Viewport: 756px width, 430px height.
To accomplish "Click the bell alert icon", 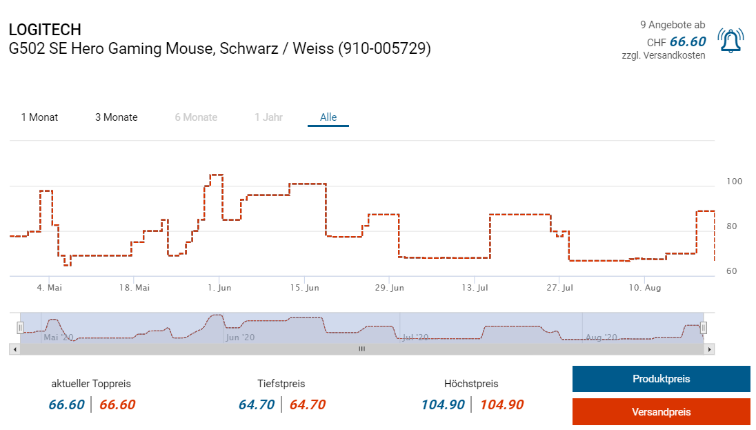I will [730, 41].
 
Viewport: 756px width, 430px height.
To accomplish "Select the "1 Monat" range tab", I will [39, 117].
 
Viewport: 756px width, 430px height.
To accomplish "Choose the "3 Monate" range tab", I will [117, 117].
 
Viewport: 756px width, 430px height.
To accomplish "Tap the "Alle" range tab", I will [328, 117].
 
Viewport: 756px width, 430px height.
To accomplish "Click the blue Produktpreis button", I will [661, 379].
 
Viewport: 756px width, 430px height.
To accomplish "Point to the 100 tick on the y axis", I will [734, 182].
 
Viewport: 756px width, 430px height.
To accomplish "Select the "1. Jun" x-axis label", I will [219, 287].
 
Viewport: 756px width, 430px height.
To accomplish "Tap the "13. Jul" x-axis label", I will [475, 287].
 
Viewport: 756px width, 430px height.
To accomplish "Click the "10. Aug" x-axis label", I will [645, 287].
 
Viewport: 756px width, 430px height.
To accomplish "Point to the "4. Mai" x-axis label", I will [49, 287].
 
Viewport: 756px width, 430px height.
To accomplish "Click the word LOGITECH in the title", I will [45, 30].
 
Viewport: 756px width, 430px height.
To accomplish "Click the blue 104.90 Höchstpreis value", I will [443, 404].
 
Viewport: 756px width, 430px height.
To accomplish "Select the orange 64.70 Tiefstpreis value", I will [307, 404].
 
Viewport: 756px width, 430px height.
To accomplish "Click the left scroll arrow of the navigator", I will [14, 349].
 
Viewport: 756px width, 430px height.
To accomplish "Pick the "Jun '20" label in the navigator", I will [240, 338].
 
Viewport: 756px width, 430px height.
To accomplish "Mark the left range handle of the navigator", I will [20, 328].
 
